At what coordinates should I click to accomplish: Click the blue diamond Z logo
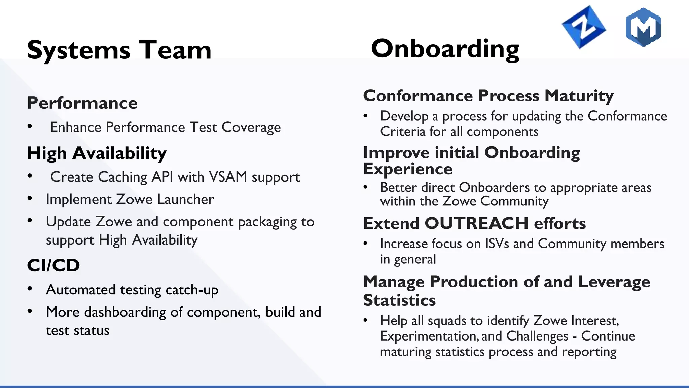(x=583, y=27)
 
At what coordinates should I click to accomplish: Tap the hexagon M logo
(x=643, y=27)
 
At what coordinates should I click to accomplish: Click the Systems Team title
(x=119, y=50)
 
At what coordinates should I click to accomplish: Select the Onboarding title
(x=445, y=49)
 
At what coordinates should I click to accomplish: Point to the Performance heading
(x=82, y=103)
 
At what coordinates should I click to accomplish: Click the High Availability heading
(x=97, y=153)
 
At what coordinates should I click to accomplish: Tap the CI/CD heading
(x=53, y=265)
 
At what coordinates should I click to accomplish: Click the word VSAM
(x=228, y=177)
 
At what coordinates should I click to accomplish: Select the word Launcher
(x=185, y=199)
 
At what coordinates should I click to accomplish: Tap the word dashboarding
(x=125, y=312)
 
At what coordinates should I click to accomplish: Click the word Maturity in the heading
(x=579, y=96)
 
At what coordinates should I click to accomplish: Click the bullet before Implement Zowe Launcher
(x=30, y=198)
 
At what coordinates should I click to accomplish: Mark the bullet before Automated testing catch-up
(x=30, y=289)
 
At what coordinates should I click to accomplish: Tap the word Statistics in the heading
(x=399, y=300)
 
